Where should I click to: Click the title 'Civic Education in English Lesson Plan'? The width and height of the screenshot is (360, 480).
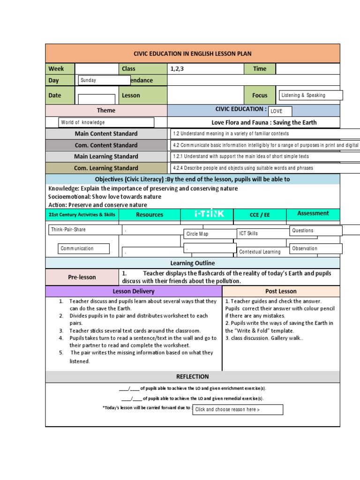click(x=193, y=54)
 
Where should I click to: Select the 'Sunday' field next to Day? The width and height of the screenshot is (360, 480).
click(x=104, y=80)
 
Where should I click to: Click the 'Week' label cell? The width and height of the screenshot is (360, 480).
click(x=60, y=68)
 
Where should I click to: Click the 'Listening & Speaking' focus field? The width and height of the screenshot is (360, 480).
click(x=310, y=95)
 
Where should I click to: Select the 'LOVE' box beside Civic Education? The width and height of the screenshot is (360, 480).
click(x=280, y=111)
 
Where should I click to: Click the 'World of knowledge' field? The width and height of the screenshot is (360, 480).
click(x=106, y=122)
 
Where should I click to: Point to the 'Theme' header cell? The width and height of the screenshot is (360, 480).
click(x=106, y=110)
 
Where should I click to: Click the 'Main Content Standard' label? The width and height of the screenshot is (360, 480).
click(x=106, y=134)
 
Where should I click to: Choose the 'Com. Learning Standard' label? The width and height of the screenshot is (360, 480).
click(x=106, y=168)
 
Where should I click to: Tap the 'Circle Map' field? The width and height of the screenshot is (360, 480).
click(x=210, y=233)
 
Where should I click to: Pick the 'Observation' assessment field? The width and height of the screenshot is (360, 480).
click(x=316, y=248)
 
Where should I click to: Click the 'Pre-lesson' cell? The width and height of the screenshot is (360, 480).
click(x=82, y=277)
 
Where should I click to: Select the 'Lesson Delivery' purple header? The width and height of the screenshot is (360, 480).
click(x=134, y=291)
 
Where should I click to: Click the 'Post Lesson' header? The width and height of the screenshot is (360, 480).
click(x=281, y=291)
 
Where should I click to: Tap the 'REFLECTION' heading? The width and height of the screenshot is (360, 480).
click(x=193, y=376)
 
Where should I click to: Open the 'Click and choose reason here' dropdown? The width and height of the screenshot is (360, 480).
click(x=238, y=409)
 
